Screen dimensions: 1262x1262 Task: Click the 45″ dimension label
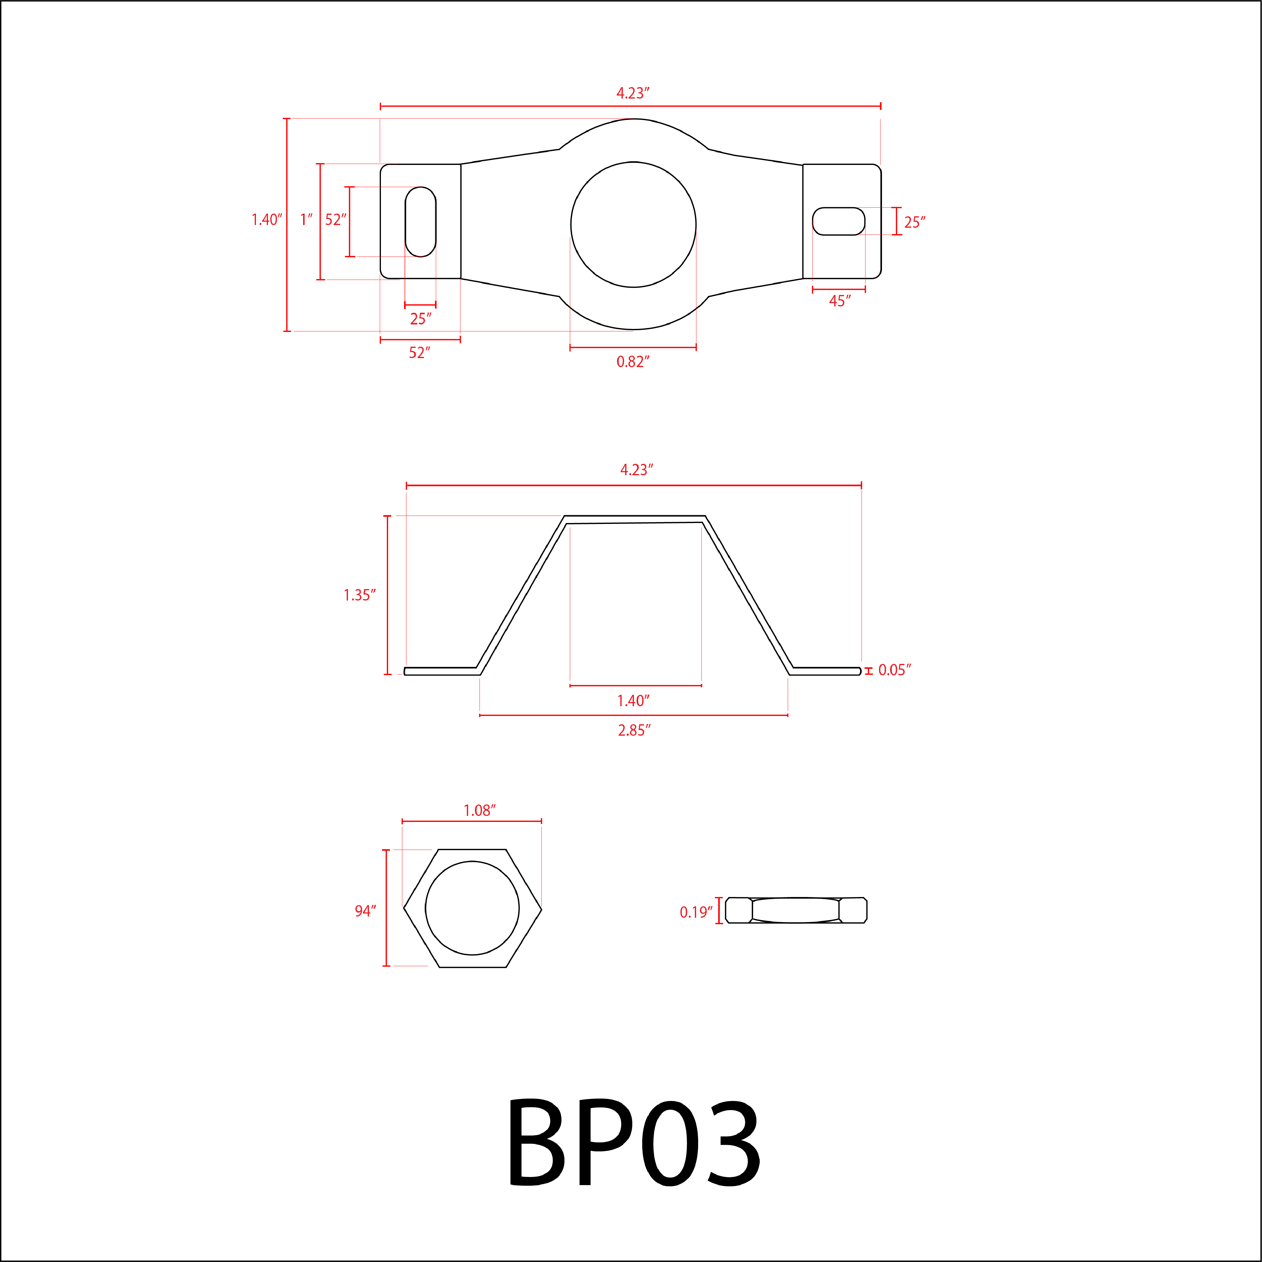point(839,301)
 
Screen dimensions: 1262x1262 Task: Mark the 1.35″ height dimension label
point(359,595)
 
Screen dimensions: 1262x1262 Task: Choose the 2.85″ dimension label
point(634,730)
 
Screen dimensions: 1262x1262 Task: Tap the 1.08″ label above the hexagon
point(479,810)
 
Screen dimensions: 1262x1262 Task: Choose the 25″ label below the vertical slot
point(420,319)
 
